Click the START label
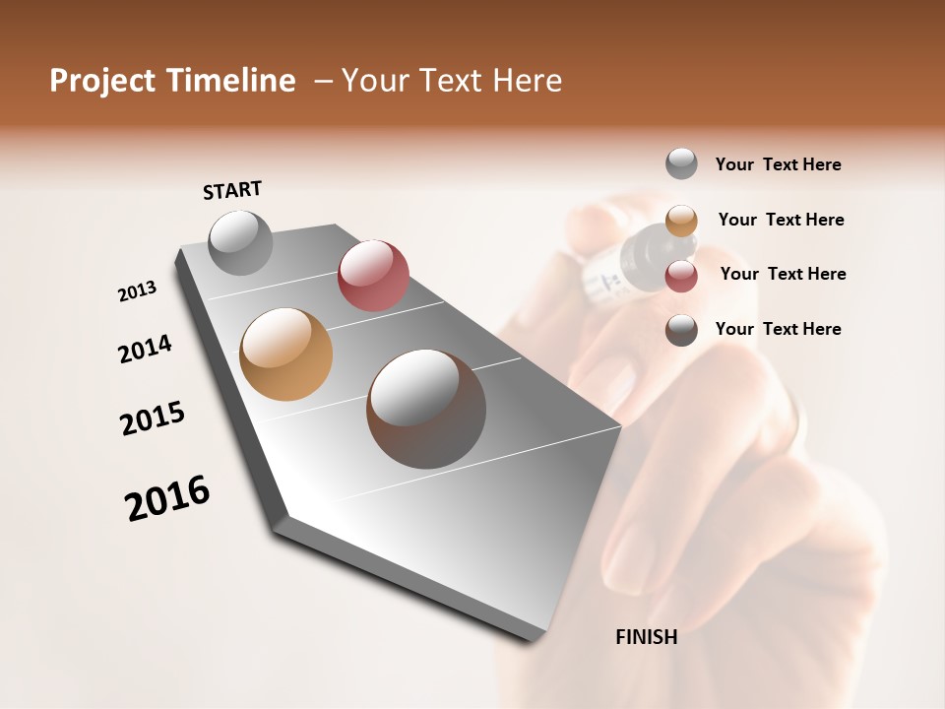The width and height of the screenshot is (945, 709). pos(232,190)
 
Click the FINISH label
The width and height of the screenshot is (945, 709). pos(646,637)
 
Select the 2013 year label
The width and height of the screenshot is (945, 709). pos(137,291)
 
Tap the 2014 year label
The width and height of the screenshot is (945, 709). pos(145,349)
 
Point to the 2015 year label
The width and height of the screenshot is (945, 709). pos(153,419)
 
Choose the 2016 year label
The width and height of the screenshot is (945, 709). pos(167,498)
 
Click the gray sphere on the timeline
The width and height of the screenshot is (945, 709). pos(241,242)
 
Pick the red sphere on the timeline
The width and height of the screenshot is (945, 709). pos(373,276)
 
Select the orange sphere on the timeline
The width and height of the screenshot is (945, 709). pos(286,354)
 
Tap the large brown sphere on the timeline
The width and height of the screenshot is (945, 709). pos(426,409)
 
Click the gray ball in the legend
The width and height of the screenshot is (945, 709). pos(681,163)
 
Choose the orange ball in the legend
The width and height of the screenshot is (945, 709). pos(681,220)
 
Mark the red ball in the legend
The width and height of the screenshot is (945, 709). pos(681,275)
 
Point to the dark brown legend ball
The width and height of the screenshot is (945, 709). pos(681,330)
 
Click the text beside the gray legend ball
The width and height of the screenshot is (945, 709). pos(778,164)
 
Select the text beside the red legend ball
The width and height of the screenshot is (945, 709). pos(783,274)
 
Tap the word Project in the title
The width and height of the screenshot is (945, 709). pos(103,81)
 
